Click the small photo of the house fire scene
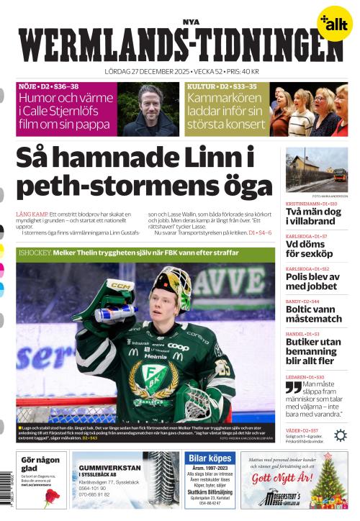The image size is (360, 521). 316,170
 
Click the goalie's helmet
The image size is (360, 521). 171,291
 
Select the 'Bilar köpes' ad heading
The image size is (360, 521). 210,458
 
